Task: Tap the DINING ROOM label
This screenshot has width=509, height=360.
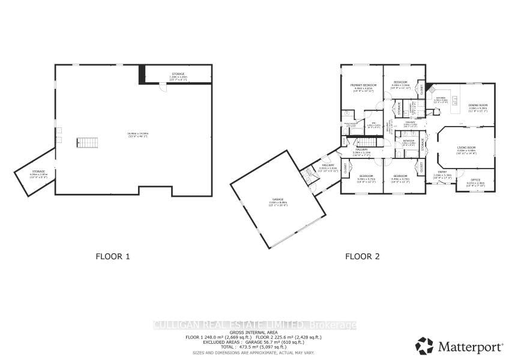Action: [x=478, y=105]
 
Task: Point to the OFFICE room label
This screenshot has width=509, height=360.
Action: [x=476, y=180]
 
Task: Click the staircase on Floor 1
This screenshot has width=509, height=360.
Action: [x=86, y=143]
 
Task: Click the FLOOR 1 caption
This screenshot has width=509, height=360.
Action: [x=113, y=256]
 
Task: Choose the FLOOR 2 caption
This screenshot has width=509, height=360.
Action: [x=362, y=256]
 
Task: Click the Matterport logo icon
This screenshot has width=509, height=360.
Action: [x=424, y=345]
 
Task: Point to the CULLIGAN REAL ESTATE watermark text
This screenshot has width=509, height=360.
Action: [x=254, y=325]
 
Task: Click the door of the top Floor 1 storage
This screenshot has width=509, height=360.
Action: [x=161, y=86]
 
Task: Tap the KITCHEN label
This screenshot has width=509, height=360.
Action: [x=440, y=98]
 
